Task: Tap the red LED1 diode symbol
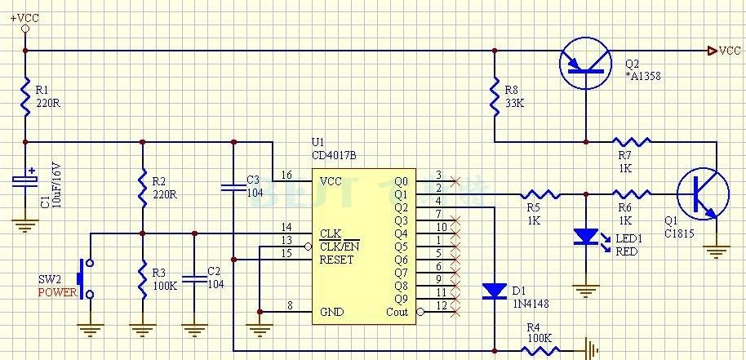(x=586, y=238)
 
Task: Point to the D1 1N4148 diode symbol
(x=495, y=291)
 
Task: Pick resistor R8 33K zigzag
(x=495, y=96)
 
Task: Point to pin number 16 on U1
(x=286, y=176)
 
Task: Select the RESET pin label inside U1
(x=337, y=260)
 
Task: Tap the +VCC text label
(x=24, y=16)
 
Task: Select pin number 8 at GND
(x=289, y=306)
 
